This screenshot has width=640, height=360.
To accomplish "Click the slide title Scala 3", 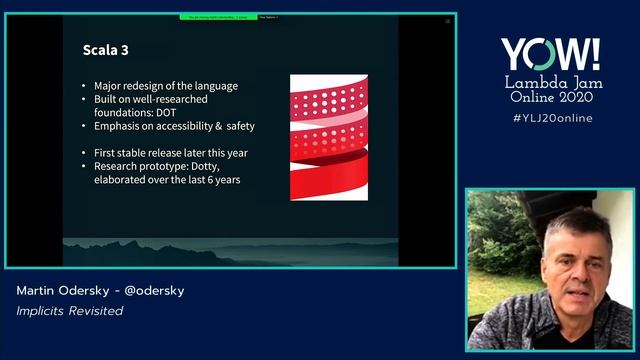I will tap(106, 49).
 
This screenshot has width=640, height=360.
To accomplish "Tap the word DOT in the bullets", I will tap(167, 112).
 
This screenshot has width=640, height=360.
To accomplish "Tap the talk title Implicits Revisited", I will tap(69, 311).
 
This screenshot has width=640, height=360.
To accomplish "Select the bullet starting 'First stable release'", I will tap(170, 153).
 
